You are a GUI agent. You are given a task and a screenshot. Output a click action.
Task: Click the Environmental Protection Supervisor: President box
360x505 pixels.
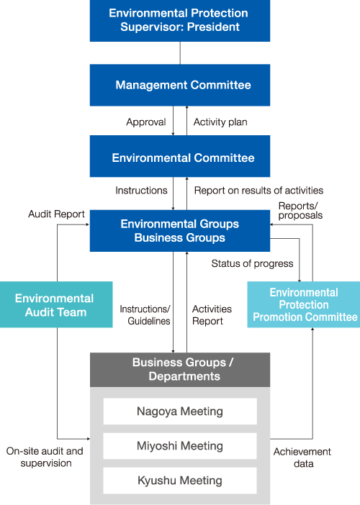pyautogui.click(x=180, y=21)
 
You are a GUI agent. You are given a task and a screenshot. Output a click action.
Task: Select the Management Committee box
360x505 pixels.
pyautogui.click(x=180, y=85)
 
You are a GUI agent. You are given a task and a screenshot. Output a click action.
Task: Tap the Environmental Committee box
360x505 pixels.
pyautogui.click(x=180, y=156)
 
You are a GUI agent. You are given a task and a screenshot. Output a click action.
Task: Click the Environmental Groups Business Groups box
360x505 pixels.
pyautogui.click(x=180, y=231)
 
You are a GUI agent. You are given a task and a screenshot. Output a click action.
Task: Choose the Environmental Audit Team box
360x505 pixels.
pyautogui.click(x=56, y=305)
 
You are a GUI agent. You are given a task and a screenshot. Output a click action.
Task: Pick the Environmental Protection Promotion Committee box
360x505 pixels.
pyautogui.click(x=304, y=305)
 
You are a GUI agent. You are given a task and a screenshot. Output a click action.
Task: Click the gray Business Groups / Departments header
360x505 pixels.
pyautogui.click(x=180, y=370)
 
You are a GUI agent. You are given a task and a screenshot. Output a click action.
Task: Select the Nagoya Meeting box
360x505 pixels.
pyautogui.click(x=180, y=411)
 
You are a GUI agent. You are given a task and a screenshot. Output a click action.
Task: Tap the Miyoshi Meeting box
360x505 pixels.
pyautogui.click(x=180, y=446)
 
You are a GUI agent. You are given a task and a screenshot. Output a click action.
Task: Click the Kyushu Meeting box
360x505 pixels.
pyautogui.click(x=180, y=481)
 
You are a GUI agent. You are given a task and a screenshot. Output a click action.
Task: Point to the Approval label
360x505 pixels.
pyautogui.click(x=146, y=122)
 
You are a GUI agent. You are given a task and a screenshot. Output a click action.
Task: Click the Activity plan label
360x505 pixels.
pyautogui.click(x=220, y=122)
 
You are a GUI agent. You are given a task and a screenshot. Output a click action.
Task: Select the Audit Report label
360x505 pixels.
pyautogui.click(x=56, y=214)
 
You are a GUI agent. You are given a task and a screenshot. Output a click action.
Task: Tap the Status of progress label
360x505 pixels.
pyautogui.click(x=252, y=264)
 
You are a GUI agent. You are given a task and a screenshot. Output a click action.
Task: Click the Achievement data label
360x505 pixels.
pyautogui.click(x=302, y=458)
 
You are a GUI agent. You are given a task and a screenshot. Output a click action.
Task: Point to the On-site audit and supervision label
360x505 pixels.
pyautogui.click(x=45, y=457)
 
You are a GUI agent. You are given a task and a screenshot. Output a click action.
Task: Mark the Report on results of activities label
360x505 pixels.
pyautogui.click(x=258, y=191)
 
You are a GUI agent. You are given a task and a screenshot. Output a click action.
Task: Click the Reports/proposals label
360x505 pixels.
pyautogui.click(x=300, y=211)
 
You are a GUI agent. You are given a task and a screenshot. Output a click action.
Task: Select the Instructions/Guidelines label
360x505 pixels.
pyautogui.click(x=145, y=315)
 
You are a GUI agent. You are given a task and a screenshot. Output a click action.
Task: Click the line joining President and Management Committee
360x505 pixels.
pyautogui.click(x=180, y=53)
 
